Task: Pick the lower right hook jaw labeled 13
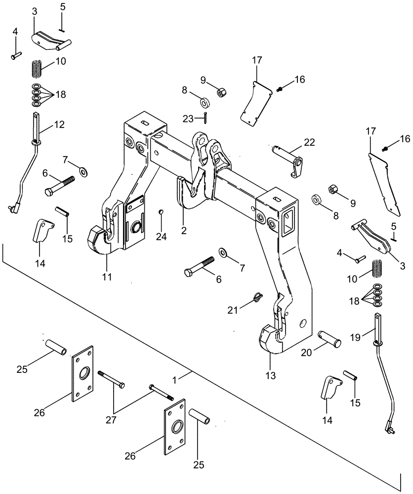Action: point(270,341)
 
